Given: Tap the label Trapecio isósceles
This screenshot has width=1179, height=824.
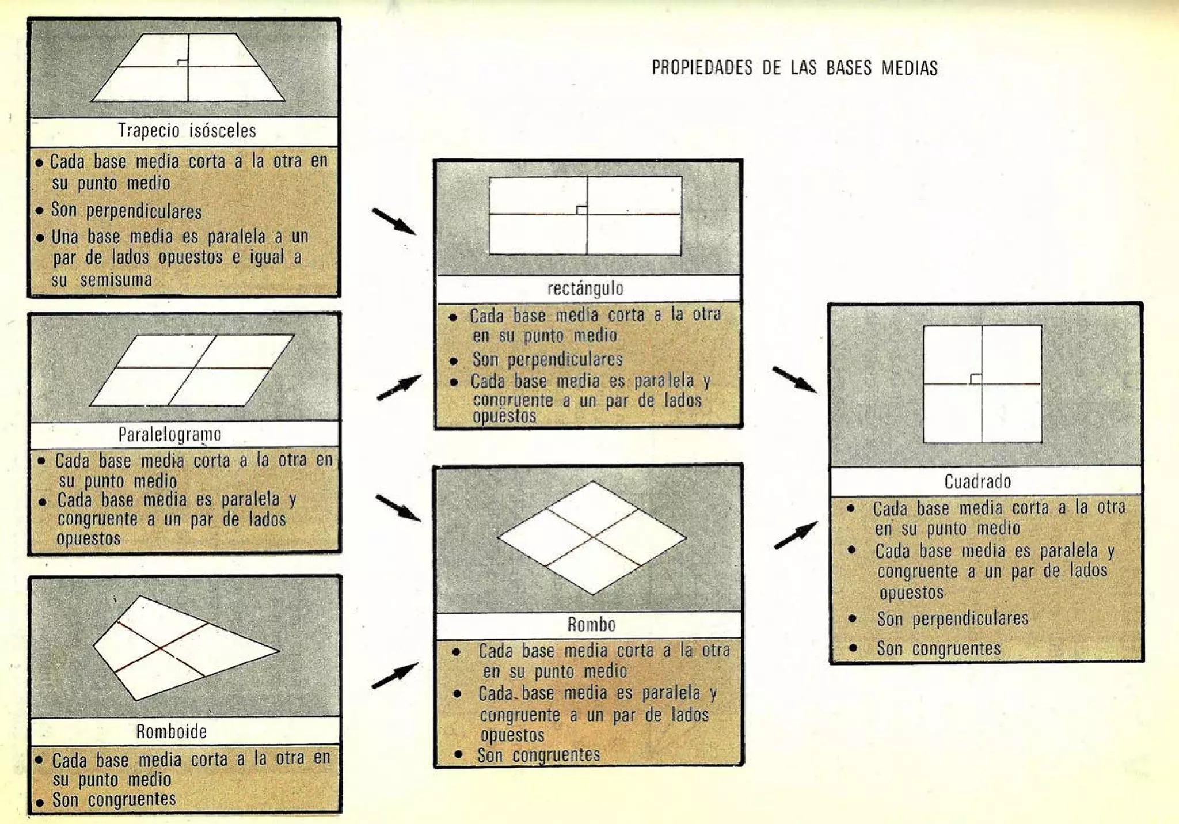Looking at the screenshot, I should (187, 131).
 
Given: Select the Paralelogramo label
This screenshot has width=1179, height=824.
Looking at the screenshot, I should (169, 434).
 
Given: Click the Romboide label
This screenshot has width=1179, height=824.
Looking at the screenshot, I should (171, 731).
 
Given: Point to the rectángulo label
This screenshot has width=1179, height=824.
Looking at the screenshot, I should (585, 288).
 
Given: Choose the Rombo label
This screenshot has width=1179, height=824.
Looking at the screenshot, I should (591, 625).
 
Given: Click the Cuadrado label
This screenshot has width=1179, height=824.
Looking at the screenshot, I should (978, 481).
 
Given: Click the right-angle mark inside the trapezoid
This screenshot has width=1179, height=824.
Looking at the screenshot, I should (182, 62).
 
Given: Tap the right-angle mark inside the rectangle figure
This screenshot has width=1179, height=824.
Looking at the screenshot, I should (581, 210).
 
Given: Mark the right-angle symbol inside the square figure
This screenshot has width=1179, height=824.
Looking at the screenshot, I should (976, 378).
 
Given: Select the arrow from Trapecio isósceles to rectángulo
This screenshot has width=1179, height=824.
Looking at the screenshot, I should (394, 222).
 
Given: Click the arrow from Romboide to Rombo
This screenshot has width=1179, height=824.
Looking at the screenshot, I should (395, 675).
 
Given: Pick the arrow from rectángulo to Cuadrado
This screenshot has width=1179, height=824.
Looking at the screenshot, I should (794, 380).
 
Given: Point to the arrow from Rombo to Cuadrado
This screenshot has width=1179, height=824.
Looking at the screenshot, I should (796, 536).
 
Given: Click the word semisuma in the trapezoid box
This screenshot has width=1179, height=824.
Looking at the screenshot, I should (116, 280).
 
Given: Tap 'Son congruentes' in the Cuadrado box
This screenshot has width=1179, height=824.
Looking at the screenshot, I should (938, 649).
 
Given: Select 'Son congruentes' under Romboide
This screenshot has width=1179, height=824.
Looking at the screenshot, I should (114, 800).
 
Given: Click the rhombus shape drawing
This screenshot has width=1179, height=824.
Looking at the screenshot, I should (592, 538).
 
